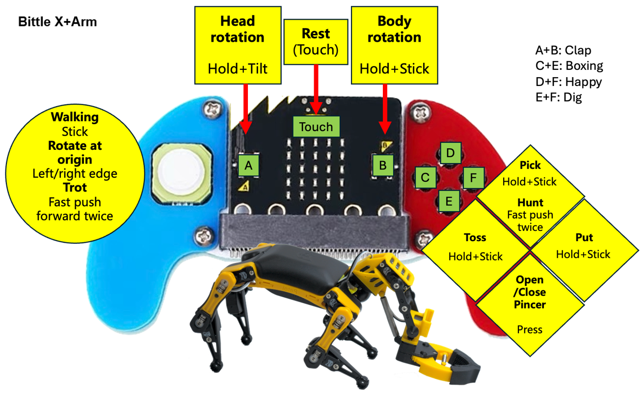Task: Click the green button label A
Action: pos(248,166)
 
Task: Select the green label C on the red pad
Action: pos(426,177)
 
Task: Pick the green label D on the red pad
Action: pos(450,153)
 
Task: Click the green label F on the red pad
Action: pos(473,177)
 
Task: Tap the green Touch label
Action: pos(316,127)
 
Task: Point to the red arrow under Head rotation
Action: pos(245,108)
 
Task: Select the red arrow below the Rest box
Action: pos(316,88)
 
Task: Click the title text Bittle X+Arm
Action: pos(57,22)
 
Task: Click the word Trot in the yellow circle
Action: pos(75,188)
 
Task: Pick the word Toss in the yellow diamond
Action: pos(475,238)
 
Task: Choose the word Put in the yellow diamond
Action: pos(584,238)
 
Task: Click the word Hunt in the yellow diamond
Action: pos(530,202)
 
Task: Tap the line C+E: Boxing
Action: pos(569,66)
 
